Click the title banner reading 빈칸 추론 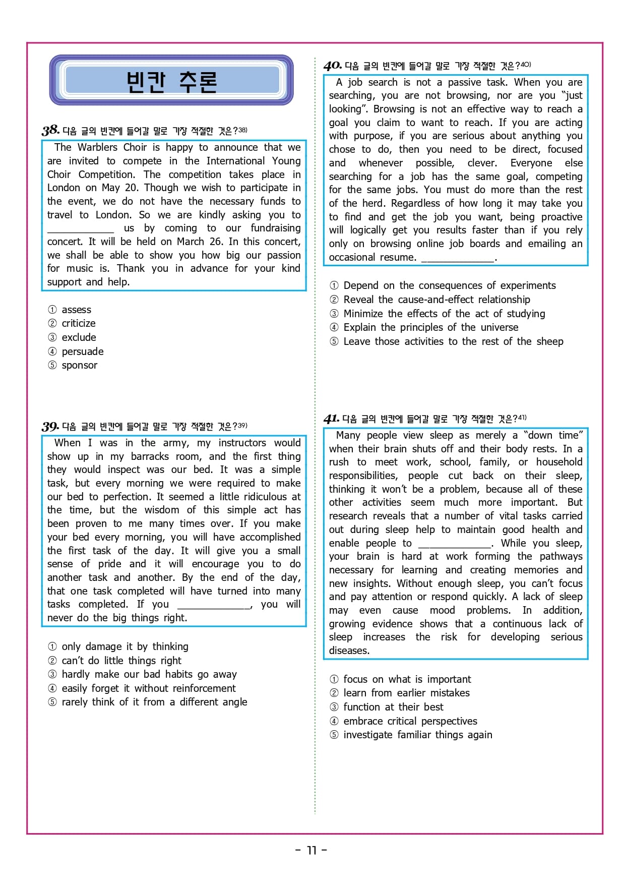click(171, 81)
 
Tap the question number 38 click(50, 130)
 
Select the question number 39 click(50, 426)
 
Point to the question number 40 click(333, 66)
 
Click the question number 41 click(331, 419)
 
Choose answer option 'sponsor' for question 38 click(79, 365)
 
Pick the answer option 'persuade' click(82, 351)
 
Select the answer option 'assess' click(76, 310)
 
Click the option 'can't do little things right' click(121, 661)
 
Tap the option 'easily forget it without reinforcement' click(148, 688)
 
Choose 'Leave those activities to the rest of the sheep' click(453, 341)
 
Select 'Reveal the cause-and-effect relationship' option click(436, 300)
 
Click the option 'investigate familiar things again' click(417, 735)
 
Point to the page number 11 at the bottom click(311, 850)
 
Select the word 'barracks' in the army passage click(150, 456)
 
